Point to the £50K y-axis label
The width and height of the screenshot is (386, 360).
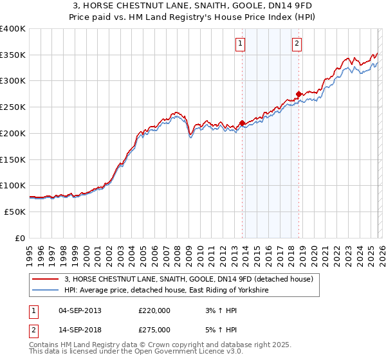(14, 212)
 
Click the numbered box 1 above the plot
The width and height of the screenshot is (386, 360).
(240, 44)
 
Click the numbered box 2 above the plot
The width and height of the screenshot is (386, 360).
(297, 44)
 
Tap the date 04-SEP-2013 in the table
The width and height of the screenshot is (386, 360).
(80, 310)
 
